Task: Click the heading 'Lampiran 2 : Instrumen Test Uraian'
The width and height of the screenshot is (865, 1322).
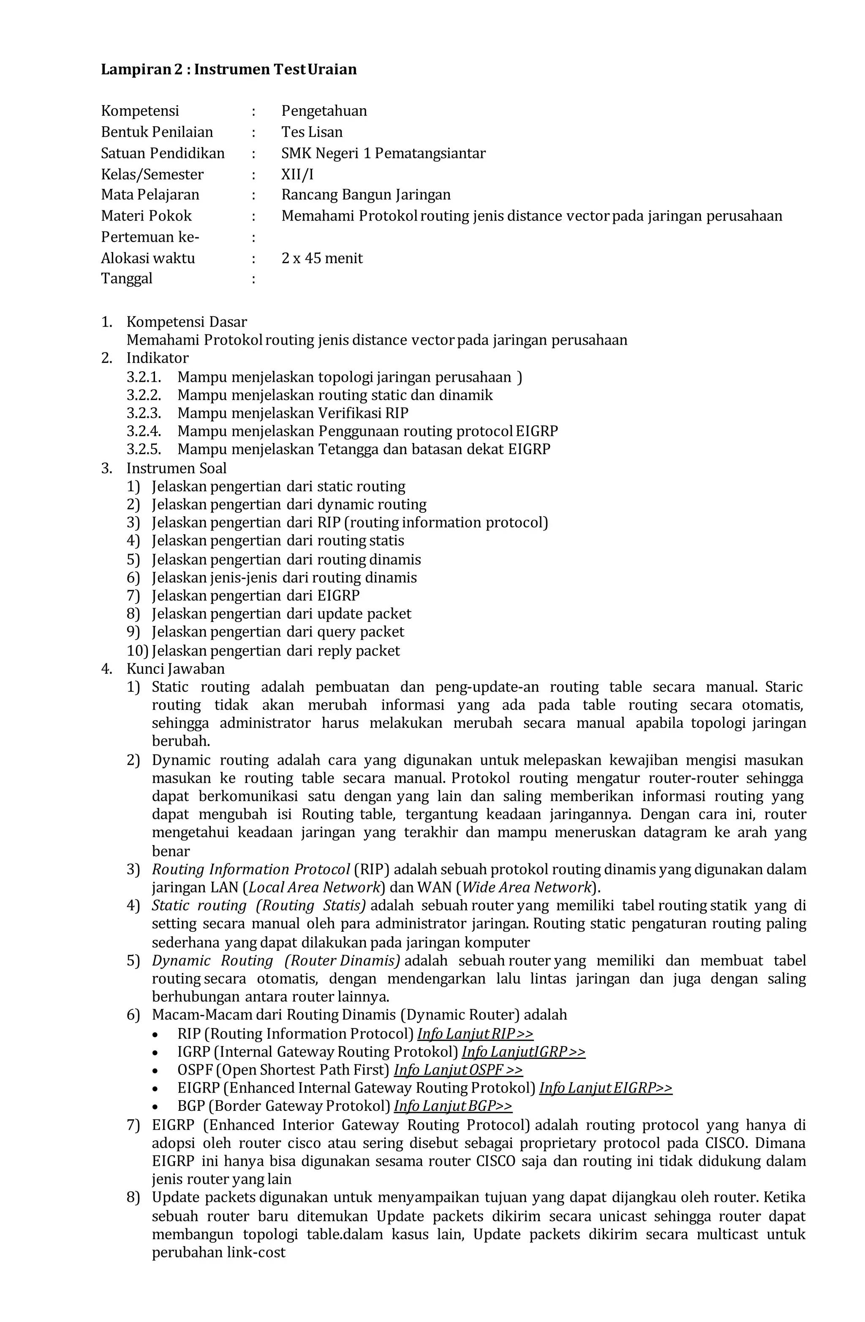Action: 228,69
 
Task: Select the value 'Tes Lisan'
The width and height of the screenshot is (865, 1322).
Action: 312,132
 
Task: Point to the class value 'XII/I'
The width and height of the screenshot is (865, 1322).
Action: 297,174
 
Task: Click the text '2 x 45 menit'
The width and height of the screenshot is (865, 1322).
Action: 322,258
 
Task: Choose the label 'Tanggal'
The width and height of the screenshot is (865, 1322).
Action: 126,279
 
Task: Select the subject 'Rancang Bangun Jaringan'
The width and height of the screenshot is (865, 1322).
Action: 366,195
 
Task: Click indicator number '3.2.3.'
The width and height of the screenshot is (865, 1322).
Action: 143,413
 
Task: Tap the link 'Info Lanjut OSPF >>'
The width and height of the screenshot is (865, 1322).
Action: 458,1070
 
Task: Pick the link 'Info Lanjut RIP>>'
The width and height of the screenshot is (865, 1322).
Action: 475,1034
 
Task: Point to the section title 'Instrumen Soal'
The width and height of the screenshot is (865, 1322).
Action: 176,468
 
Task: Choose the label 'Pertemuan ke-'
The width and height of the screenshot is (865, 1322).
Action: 150,237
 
